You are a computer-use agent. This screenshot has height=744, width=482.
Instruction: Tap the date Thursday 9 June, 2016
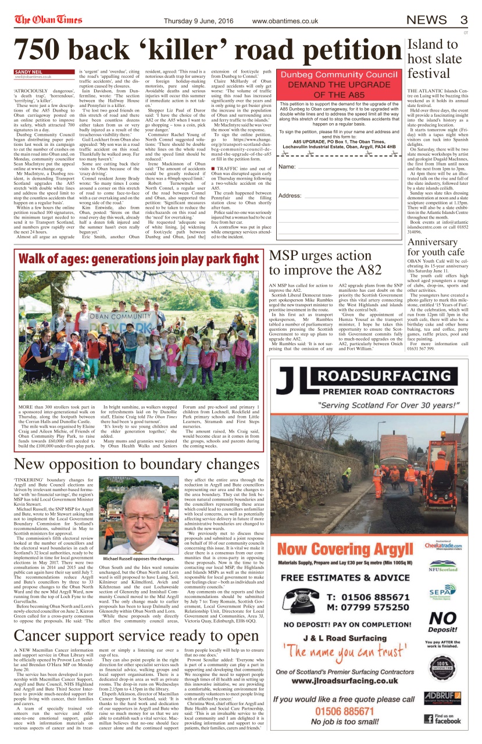(196, 21)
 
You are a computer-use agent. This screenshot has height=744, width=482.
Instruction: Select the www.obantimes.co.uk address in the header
(285, 21)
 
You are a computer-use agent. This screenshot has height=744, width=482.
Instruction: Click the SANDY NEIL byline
(26, 71)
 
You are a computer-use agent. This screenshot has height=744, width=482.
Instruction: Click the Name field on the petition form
(337, 167)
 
